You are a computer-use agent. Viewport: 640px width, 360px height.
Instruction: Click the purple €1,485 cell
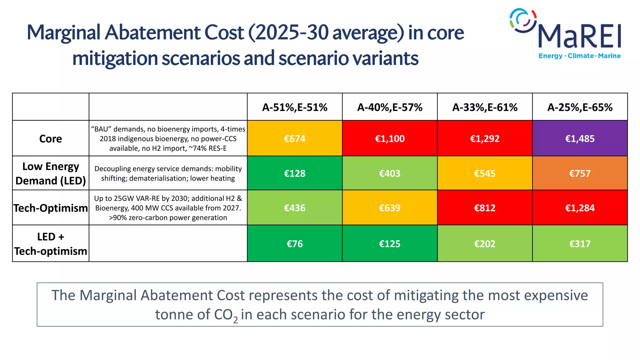[580, 138]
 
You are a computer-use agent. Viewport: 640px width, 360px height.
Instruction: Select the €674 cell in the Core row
[294, 138]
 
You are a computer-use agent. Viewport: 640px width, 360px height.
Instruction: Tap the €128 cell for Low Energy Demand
[294, 173]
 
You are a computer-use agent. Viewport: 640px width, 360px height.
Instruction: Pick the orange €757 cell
[580, 173]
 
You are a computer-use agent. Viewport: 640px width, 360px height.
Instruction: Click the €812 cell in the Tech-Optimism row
[485, 208]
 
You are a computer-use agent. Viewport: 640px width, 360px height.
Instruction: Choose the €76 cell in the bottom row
[294, 243]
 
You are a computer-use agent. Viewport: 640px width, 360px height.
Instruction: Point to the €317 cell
[580, 243]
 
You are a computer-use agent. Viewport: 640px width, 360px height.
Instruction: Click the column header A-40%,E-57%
[390, 107]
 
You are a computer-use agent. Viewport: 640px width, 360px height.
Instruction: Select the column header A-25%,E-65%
[580, 107]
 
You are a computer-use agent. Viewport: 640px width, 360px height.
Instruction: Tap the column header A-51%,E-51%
[294, 107]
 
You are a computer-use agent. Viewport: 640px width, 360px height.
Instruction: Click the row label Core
[51, 138]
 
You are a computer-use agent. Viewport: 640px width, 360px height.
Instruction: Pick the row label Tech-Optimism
[51, 208]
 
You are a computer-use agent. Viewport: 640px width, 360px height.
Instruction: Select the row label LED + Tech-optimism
[51, 244]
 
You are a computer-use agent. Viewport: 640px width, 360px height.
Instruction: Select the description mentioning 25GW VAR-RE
[168, 208]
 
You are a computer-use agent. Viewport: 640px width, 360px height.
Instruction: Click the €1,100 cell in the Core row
[390, 138]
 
